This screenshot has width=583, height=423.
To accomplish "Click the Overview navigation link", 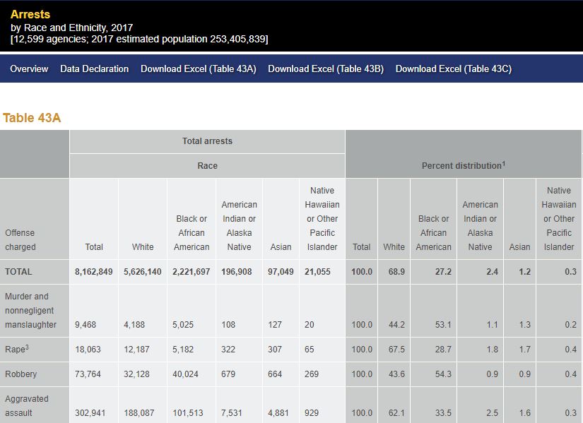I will tap(29, 68).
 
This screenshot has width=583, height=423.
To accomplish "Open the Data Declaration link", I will tap(95, 68).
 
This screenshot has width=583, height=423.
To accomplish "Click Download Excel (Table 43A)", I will tap(199, 68).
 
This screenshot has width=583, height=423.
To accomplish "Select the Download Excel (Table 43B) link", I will tap(326, 68).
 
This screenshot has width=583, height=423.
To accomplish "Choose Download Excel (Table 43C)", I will tap(454, 68).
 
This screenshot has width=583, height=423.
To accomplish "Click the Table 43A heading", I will tap(32, 118).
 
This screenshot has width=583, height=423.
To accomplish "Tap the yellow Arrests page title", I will tap(30, 14).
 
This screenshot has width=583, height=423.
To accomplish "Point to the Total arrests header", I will tap(207, 141).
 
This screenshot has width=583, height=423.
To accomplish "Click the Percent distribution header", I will tap(463, 166).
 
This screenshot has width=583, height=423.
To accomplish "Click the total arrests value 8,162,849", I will tap(94, 272).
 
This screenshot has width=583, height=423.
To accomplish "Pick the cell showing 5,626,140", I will tap(143, 272).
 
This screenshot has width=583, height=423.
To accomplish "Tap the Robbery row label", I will tap(21, 374).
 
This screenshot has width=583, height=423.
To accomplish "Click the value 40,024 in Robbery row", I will tap(186, 374).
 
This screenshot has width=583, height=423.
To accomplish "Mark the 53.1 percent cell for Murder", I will tap(443, 325).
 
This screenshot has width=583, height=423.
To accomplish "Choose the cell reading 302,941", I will tap(90, 413).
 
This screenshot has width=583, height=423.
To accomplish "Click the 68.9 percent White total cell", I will tap(396, 272).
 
